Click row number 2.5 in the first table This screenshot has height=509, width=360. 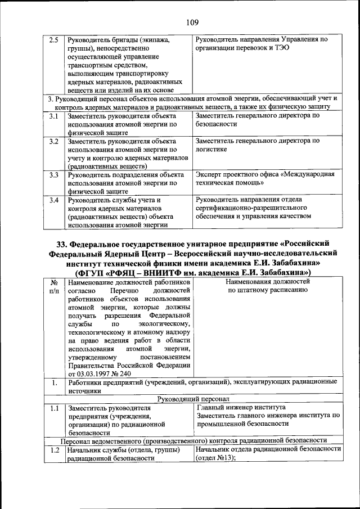pos(53,40)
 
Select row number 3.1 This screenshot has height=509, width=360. pos(53,116)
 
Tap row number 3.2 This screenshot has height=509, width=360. pos(53,141)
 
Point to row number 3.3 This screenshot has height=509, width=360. pos(53,174)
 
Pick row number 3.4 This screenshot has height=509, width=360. pos(53,200)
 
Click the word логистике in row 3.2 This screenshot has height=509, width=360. pos(211,150)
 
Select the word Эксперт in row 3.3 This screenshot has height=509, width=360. pos(209,174)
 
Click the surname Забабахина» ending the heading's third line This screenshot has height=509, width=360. pos(294,262)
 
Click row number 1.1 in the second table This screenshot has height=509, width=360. pos(53,408)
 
